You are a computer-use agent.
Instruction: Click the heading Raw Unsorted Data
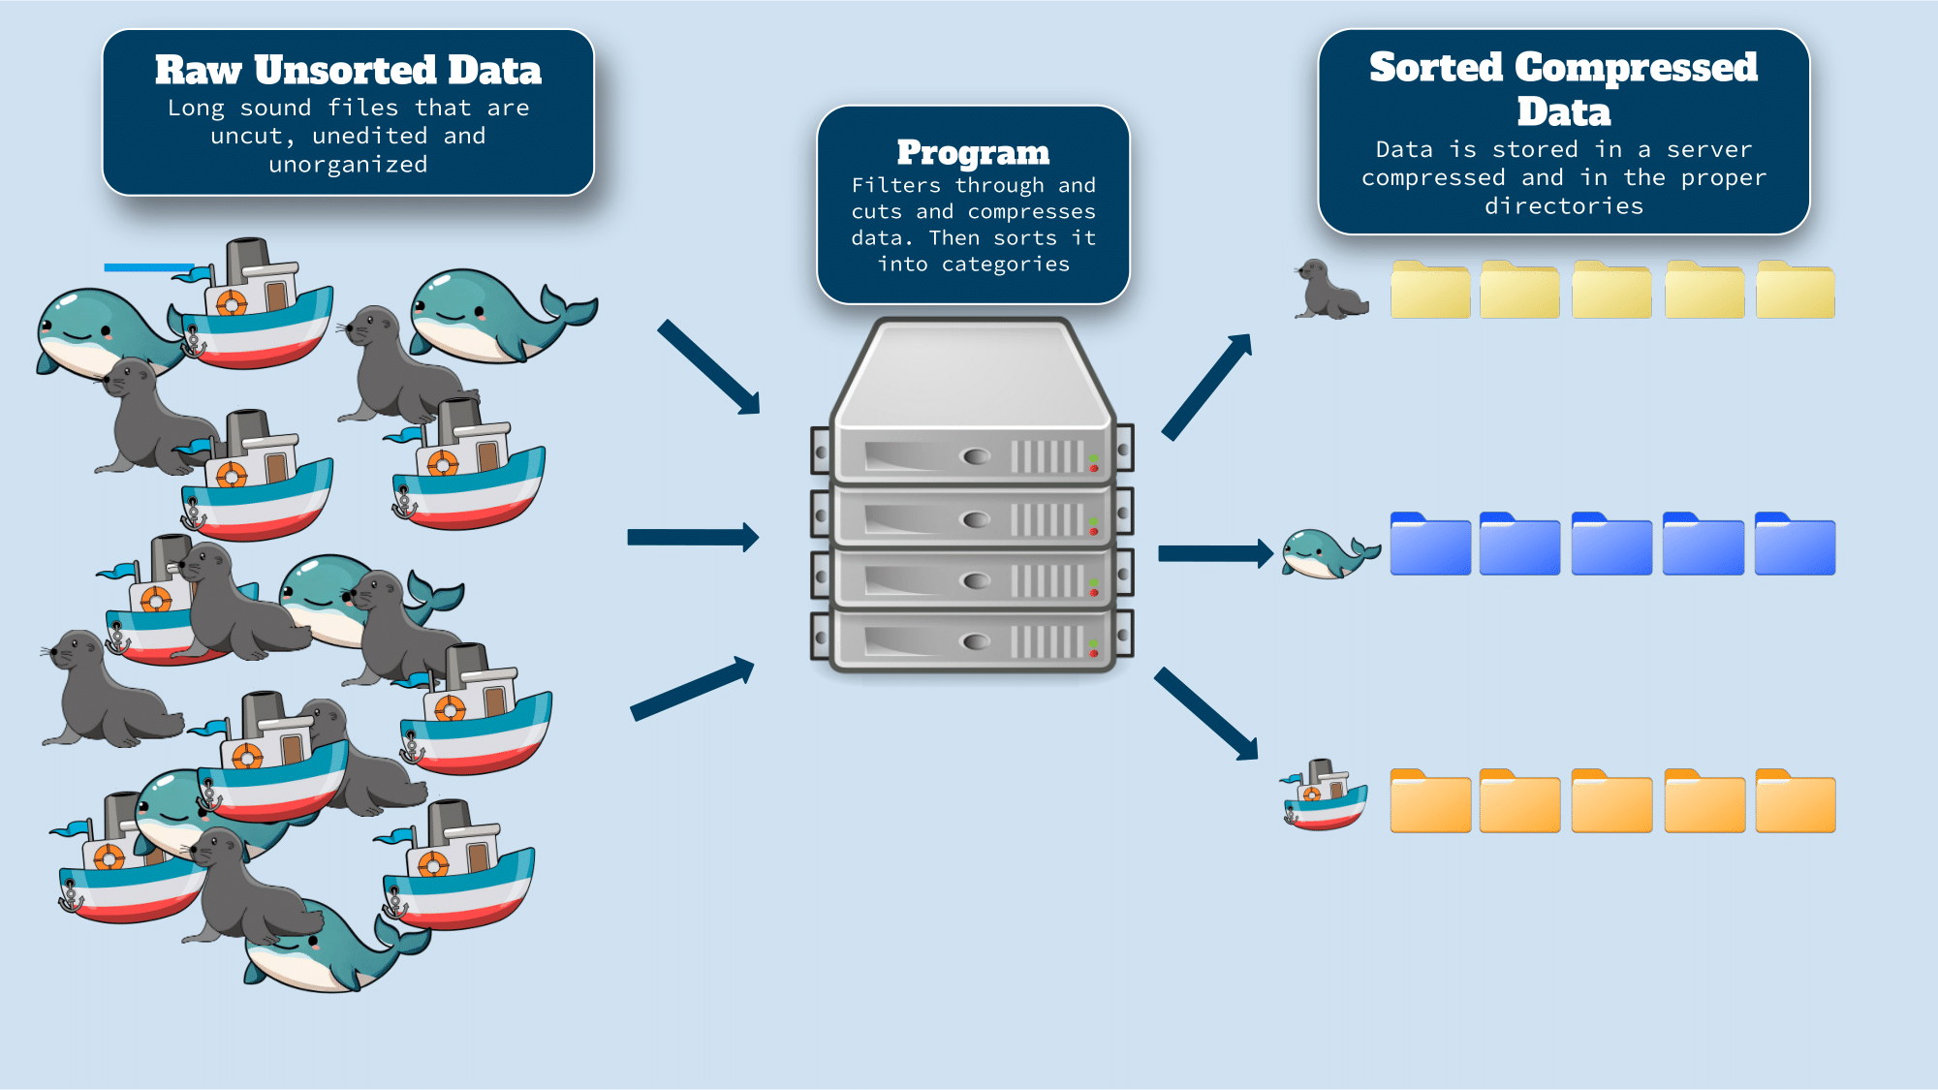348,70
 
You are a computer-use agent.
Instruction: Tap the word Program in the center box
973,152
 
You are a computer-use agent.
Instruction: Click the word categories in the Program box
1005,265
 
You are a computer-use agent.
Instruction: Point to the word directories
1564,205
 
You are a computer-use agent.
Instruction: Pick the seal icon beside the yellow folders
1329,289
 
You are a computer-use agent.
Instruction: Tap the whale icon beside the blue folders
1328,553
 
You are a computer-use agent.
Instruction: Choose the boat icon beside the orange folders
1325,795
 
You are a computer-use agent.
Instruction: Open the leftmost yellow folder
1430,290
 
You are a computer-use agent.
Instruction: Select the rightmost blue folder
1795,545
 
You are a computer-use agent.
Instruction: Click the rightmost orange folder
1795,801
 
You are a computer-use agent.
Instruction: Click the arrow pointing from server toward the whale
1214,553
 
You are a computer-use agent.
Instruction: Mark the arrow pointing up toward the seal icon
1206,388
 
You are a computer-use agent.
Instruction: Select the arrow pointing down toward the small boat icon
1206,713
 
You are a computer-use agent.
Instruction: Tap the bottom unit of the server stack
972,640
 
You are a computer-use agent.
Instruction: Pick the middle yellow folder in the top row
1611,290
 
